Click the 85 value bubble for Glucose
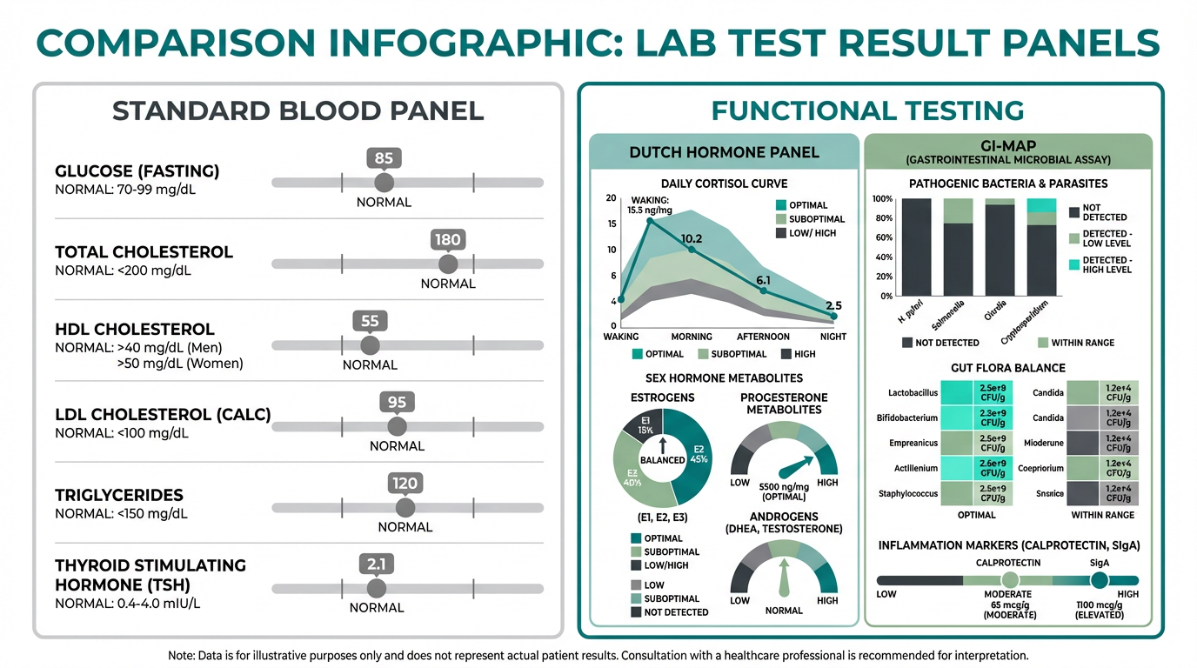click(384, 158)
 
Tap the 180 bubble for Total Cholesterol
click(447, 239)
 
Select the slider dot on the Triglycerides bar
click(405, 508)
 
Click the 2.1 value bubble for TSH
click(376, 564)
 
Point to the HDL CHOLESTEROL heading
click(135, 330)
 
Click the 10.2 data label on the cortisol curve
click(692, 238)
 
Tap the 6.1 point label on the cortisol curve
click(763, 280)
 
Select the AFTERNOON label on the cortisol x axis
click(763, 337)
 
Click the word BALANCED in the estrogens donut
click(663, 460)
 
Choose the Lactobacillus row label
click(913, 393)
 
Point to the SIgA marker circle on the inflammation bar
click(1099, 580)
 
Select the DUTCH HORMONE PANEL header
click(724, 152)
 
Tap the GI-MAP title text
click(1008, 146)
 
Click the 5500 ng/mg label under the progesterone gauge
click(784, 487)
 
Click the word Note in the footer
click(181, 654)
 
